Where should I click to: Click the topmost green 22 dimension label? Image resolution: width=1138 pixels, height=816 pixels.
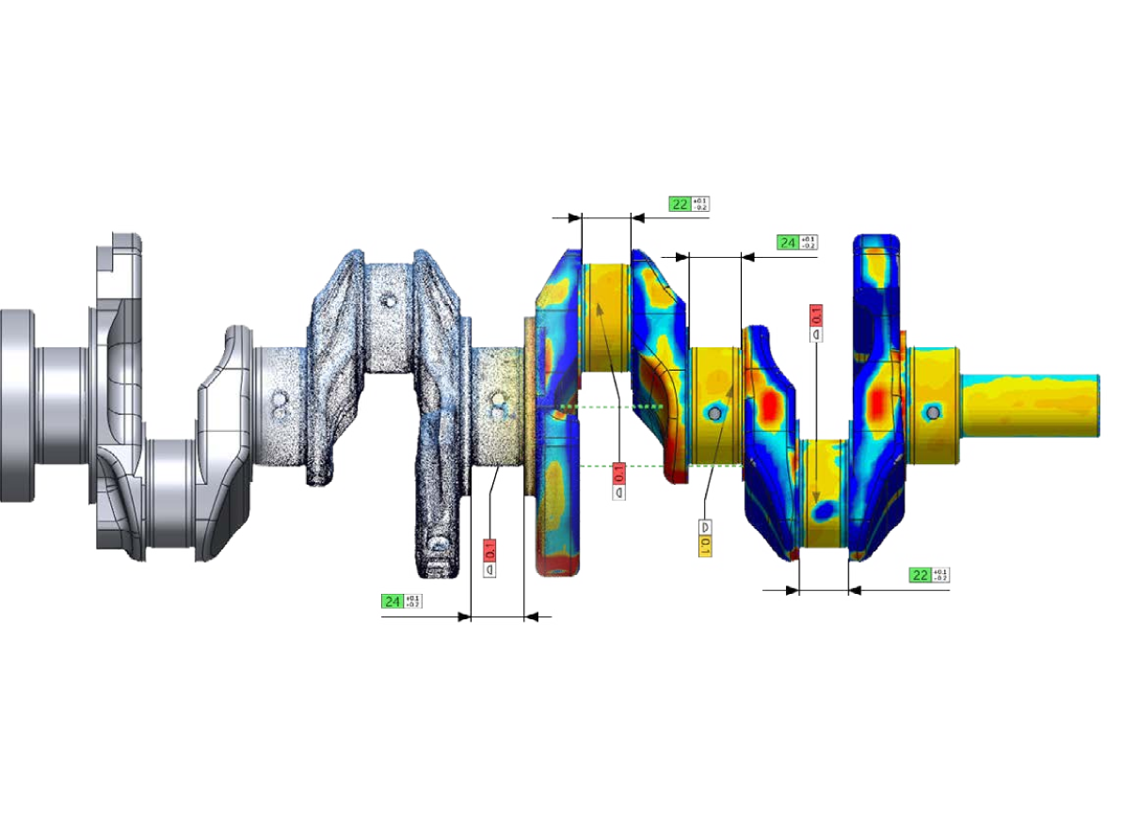click(680, 203)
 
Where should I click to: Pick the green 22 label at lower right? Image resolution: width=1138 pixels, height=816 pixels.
click(920, 575)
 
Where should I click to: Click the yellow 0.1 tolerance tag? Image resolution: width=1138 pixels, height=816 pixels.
click(704, 545)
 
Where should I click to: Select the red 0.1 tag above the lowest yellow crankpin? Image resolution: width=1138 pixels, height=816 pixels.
click(816, 314)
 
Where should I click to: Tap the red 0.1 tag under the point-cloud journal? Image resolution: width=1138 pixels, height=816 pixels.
click(489, 550)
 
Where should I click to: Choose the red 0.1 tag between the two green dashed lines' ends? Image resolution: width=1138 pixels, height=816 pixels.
click(618, 472)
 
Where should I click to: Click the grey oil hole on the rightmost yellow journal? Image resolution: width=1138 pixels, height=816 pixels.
click(932, 412)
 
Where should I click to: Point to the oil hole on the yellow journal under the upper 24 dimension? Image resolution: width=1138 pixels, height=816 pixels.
click(714, 413)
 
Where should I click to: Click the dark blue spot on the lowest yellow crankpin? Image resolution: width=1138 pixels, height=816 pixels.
click(825, 509)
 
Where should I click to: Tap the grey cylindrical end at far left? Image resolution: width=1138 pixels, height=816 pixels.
click(17, 405)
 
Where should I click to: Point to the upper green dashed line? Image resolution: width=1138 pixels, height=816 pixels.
click(612, 407)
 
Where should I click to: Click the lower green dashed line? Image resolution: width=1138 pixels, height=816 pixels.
click(612, 466)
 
